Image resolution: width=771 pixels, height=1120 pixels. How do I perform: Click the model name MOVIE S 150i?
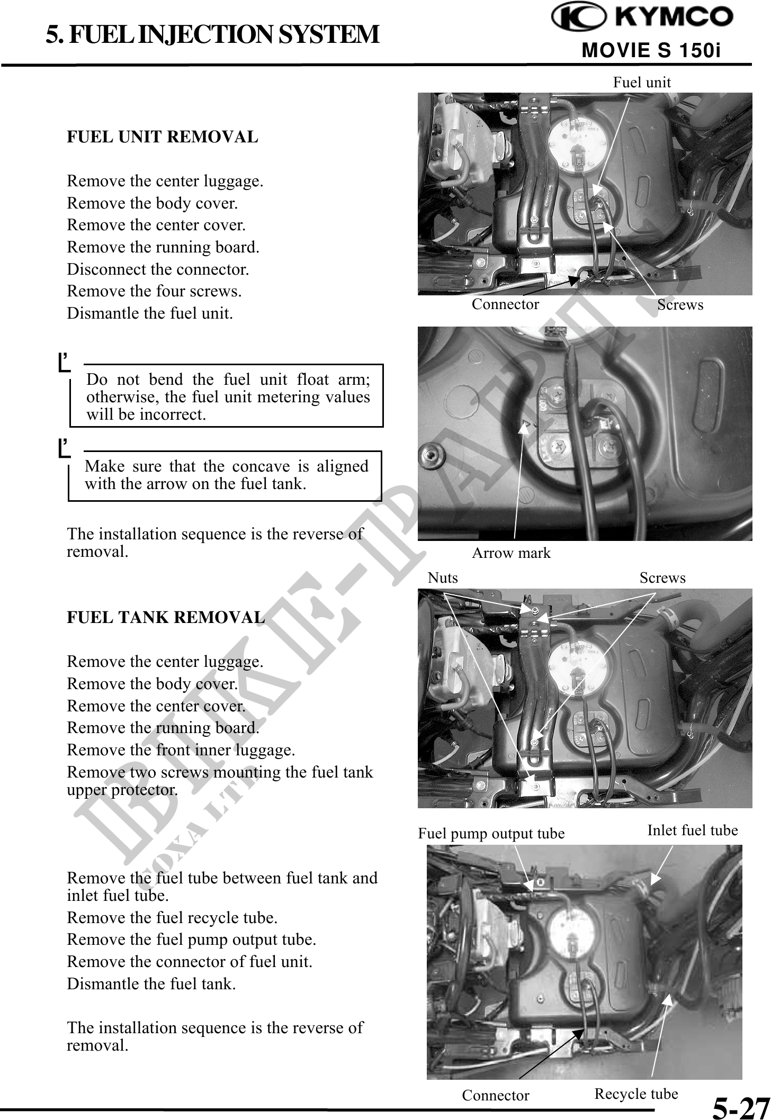tap(651, 51)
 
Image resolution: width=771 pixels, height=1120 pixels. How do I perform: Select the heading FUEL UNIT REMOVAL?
tap(162, 137)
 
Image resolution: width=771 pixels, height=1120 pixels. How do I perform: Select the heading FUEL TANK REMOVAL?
tap(166, 618)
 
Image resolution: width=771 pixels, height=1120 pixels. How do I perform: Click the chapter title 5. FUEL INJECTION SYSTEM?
tap(212, 35)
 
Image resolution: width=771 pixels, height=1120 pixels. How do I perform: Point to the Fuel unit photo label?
tap(642, 83)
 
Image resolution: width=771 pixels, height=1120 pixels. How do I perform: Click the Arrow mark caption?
tap(511, 553)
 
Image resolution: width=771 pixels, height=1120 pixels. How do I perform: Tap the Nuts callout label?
tap(443, 577)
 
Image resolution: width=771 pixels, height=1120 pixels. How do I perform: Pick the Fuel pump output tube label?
tap(491, 834)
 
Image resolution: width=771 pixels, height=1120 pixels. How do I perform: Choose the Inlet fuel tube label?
tap(693, 830)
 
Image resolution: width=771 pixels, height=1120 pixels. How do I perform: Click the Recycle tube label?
tap(636, 1094)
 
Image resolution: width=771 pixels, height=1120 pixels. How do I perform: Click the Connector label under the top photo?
tap(505, 304)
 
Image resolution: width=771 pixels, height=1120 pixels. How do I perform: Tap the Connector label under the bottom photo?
tap(496, 1095)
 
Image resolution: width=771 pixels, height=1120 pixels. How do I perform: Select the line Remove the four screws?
tap(154, 291)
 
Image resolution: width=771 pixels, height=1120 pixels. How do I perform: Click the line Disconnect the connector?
tap(158, 269)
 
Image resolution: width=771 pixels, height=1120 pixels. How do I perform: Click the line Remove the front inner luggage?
tap(181, 750)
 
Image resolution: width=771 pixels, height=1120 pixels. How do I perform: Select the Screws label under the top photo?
tap(680, 305)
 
